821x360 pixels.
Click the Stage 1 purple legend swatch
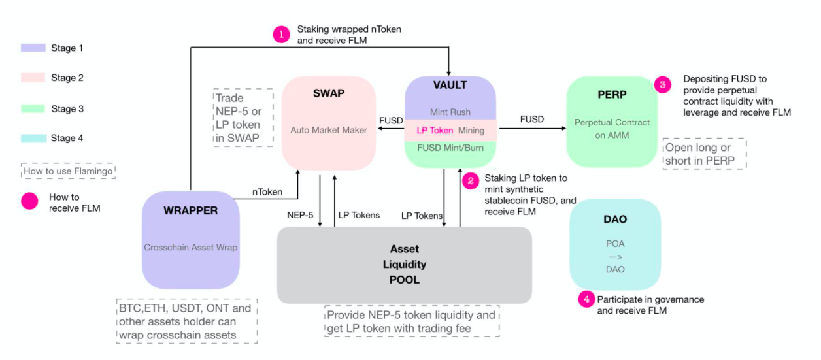tap(33, 48)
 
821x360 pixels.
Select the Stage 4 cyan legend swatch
tap(33, 138)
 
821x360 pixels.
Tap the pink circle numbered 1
tap(281, 35)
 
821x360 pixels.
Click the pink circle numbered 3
tap(663, 85)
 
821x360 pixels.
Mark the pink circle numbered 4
tap(586, 299)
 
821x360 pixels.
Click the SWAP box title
tap(328, 93)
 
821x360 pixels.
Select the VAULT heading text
tap(450, 85)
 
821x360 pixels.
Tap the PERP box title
tap(612, 95)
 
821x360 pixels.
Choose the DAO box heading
tap(615, 220)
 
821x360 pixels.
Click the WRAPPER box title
tap(191, 210)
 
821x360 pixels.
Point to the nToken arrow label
tap(267, 192)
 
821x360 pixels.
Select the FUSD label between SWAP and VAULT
tap(391, 120)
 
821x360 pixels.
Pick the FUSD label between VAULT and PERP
tap(531, 120)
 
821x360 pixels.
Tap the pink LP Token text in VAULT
tap(435, 131)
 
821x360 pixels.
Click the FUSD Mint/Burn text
tap(450, 147)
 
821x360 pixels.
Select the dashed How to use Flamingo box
tap(69, 172)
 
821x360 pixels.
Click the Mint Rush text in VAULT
tap(450, 112)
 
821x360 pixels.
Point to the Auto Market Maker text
tap(329, 130)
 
